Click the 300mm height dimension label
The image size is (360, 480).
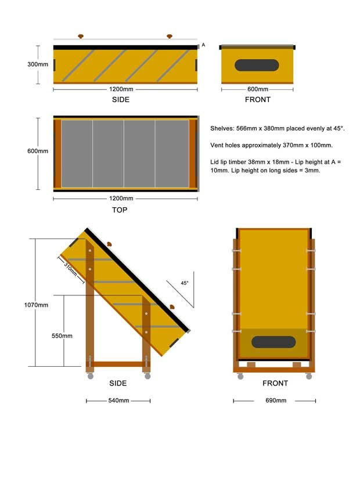(38, 64)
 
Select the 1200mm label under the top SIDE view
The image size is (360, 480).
(121, 89)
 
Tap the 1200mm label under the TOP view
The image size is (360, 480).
(121, 199)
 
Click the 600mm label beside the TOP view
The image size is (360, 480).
(38, 151)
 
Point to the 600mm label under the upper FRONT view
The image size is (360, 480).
(258, 89)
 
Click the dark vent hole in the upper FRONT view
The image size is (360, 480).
(257, 65)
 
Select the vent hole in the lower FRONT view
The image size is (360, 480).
(273, 342)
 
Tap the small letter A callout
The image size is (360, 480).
(203, 45)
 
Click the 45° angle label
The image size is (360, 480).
(185, 283)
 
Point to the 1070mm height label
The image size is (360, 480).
(36, 305)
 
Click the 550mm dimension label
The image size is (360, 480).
(62, 336)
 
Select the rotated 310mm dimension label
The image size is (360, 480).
(70, 269)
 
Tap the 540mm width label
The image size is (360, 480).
(118, 400)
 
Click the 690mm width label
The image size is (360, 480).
(276, 400)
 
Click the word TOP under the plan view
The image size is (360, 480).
(120, 210)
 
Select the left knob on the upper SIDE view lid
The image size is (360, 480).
(81, 37)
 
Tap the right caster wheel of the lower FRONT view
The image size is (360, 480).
(309, 376)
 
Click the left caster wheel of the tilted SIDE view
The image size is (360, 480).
(91, 376)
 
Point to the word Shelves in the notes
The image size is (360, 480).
(222, 129)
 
